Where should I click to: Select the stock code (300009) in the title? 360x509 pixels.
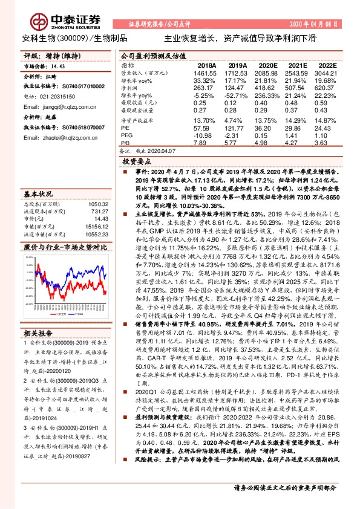pos(71,37)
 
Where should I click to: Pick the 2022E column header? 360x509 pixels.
pos(326,65)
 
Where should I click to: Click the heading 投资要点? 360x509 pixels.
pos(136,163)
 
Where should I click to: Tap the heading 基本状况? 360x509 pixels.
pos(37,194)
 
